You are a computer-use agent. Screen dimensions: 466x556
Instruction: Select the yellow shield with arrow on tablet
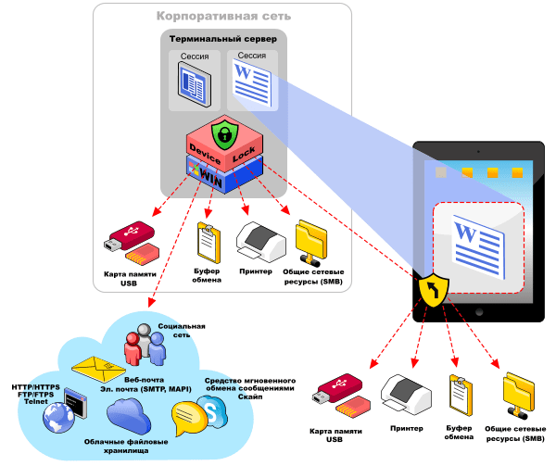435,291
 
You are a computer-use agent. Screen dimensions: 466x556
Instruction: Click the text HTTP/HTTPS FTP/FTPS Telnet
35,394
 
